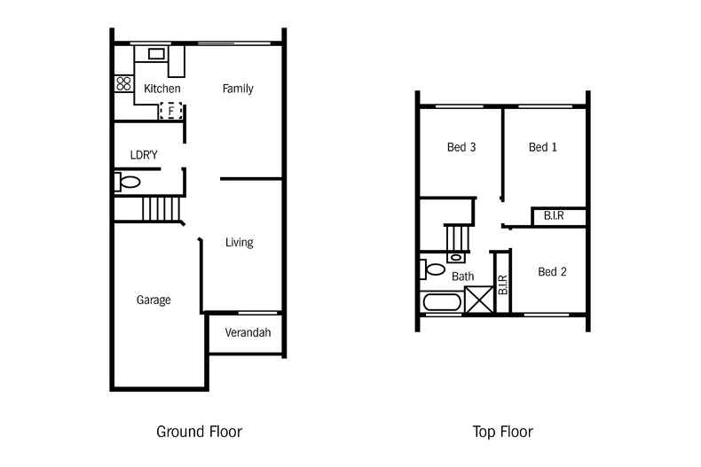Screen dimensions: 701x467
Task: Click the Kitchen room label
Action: coord(162,89)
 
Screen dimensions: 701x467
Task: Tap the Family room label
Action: coord(238,89)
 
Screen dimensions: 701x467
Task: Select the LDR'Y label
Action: coord(144,155)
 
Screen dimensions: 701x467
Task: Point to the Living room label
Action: coord(240,242)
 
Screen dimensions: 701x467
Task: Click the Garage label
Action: coord(154,300)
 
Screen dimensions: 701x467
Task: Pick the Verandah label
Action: coord(248,332)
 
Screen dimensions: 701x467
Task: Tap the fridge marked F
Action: coord(170,111)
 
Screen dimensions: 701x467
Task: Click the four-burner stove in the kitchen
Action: coord(124,83)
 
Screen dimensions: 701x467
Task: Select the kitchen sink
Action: coord(156,54)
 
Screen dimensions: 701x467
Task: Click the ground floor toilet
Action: coord(128,183)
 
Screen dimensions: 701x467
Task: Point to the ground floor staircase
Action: coord(161,209)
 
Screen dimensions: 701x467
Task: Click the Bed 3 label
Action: coord(461,147)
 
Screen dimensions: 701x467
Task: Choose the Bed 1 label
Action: coord(543,147)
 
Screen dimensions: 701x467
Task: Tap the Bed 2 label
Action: coord(552,271)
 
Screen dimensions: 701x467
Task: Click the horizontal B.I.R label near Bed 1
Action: coord(554,216)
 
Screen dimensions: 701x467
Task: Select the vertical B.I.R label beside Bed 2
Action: coord(503,284)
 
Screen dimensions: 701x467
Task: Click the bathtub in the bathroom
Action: coord(442,302)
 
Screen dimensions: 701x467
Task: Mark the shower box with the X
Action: coord(479,300)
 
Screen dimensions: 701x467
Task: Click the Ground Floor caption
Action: coord(200,432)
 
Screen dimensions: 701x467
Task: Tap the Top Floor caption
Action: coord(503,432)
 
